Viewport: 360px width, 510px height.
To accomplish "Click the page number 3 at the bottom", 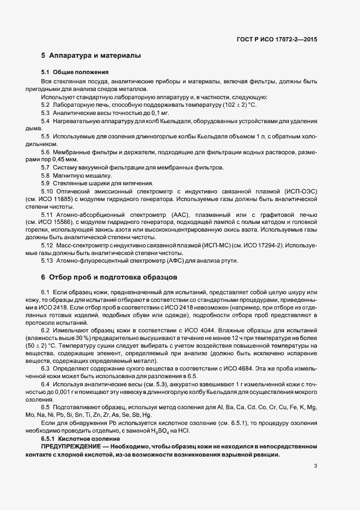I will [316, 466].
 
